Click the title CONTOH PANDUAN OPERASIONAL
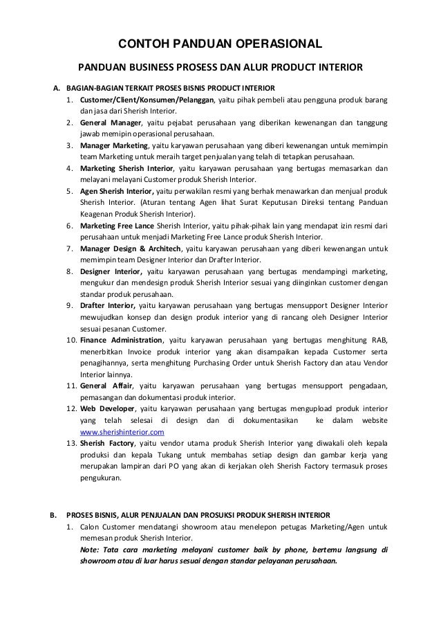click(220, 46)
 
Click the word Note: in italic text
click(91, 549)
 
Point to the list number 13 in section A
click(71, 443)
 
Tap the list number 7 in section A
click(71, 248)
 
